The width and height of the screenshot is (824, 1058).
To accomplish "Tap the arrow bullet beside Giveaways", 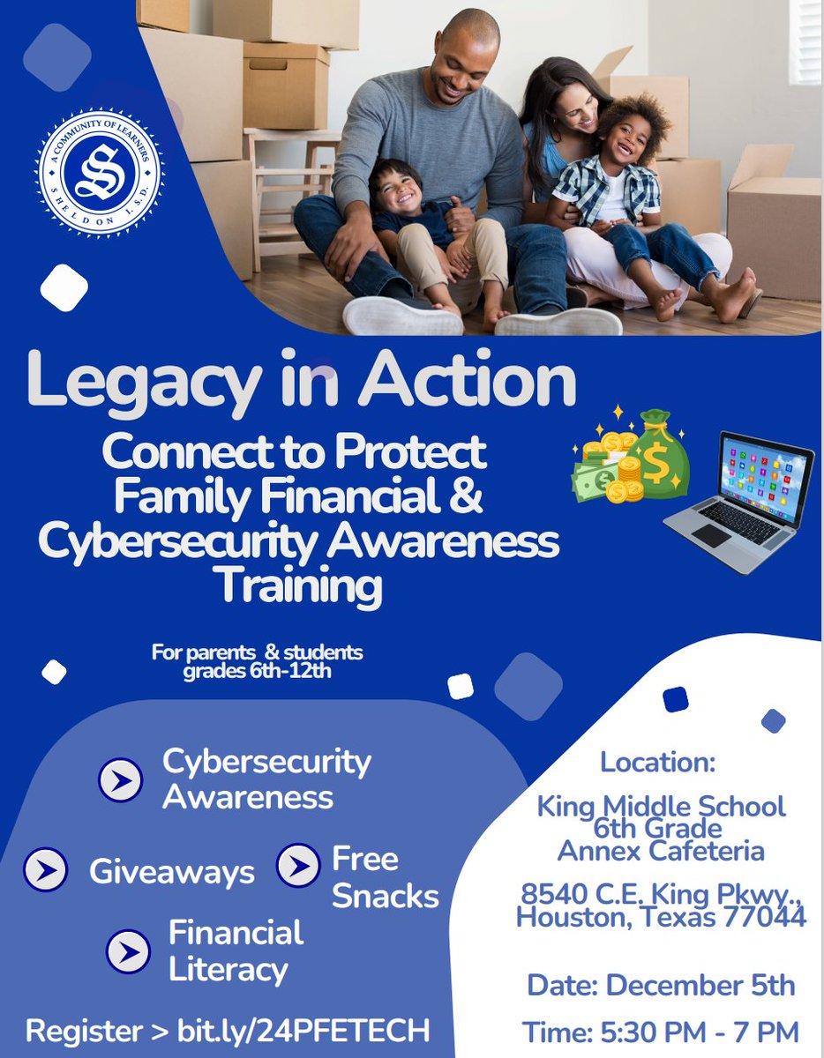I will point(46,871).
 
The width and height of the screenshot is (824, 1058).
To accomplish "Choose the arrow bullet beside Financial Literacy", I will point(129,951).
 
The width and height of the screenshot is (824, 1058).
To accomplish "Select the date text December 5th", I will point(701,985).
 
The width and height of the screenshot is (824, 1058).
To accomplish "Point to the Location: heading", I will point(658,762).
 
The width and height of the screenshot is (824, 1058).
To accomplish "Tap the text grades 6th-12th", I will point(256,668).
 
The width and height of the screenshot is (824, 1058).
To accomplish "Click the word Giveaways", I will point(171,872).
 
